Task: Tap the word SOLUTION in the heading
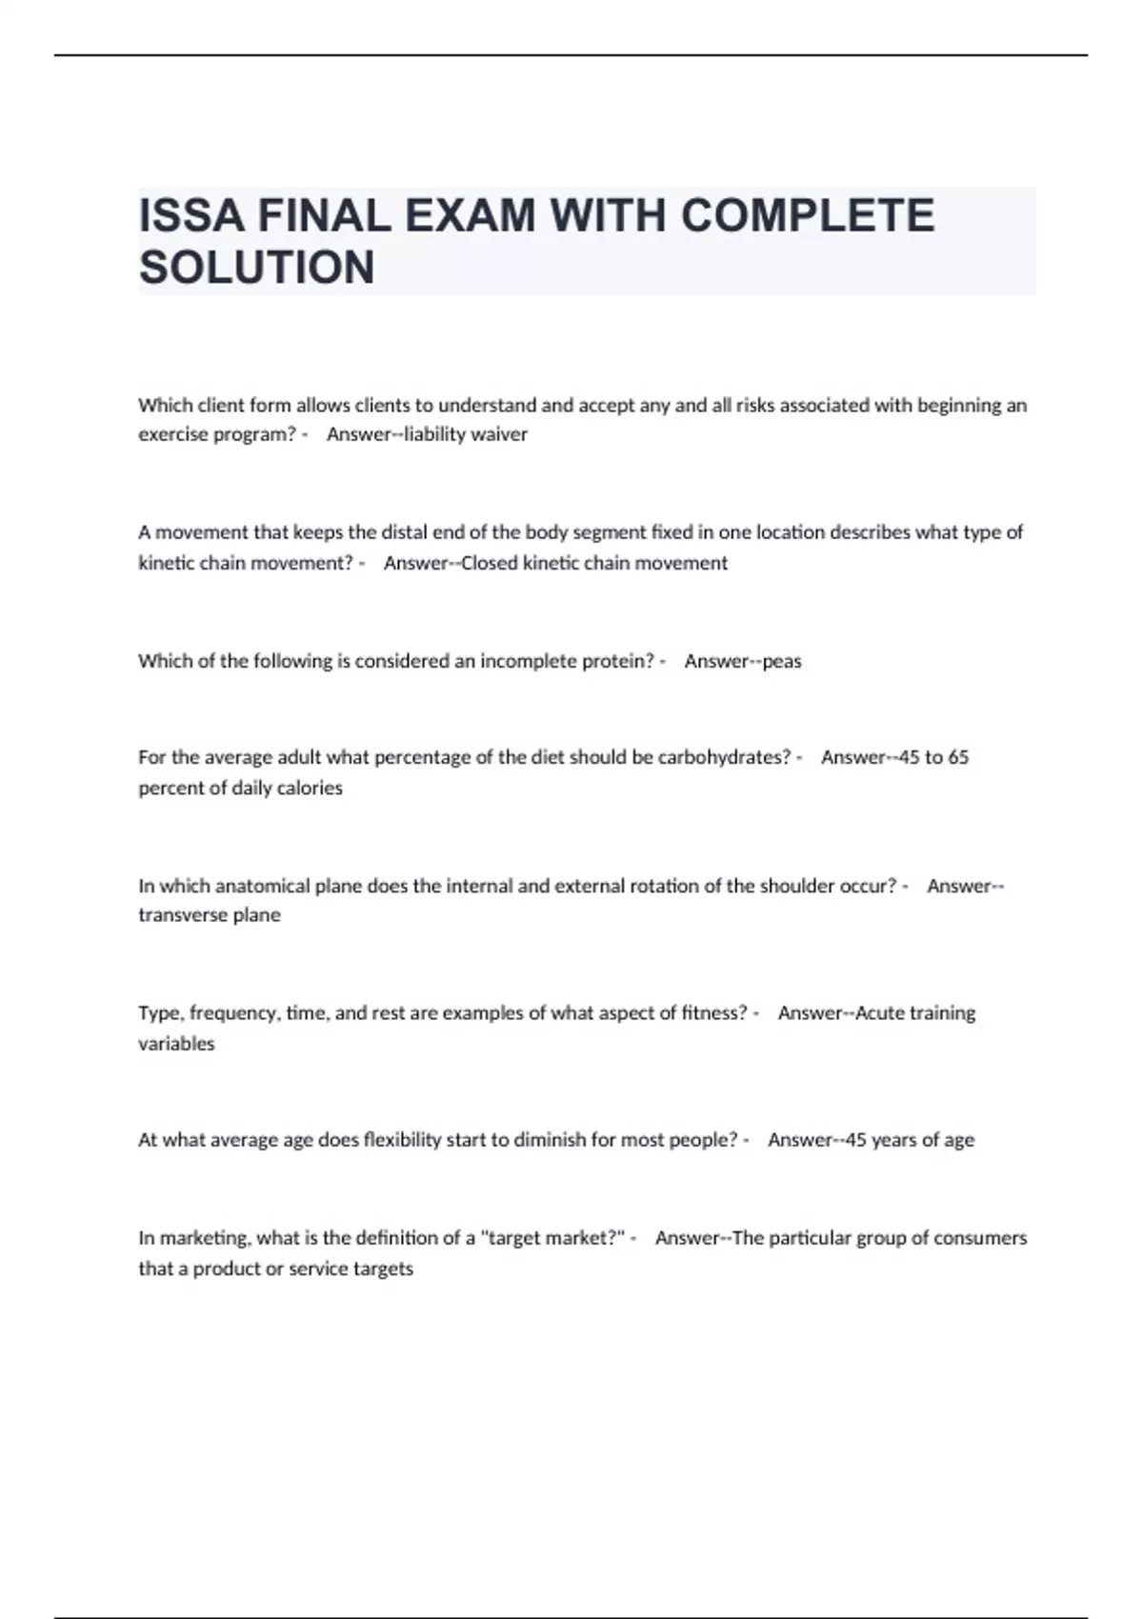[x=257, y=268]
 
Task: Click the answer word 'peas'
[x=782, y=661]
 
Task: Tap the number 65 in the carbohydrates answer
[x=958, y=758]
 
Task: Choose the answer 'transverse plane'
[x=210, y=915]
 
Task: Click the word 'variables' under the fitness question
[x=176, y=1044]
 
